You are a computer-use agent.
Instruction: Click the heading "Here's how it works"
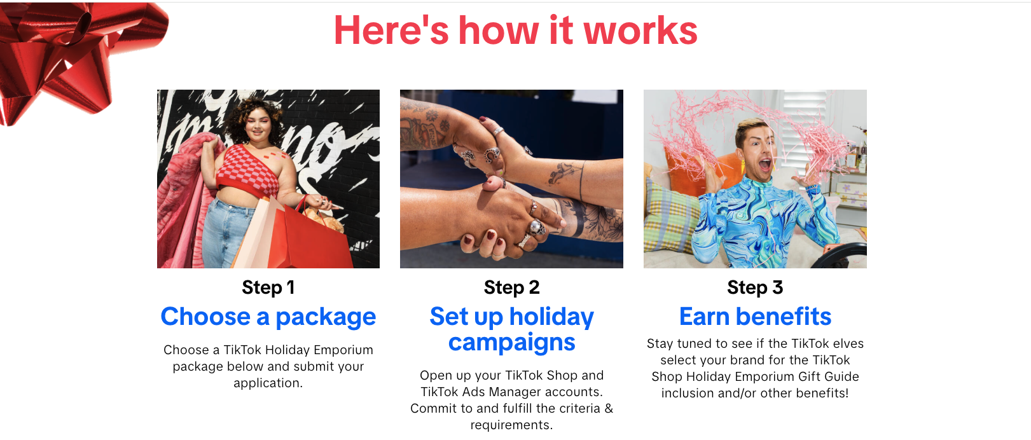[x=515, y=31]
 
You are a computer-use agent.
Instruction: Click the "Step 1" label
[x=268, y=287]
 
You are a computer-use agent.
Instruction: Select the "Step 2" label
[x=511, y=287]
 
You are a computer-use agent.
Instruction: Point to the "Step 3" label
[x=755, y=287]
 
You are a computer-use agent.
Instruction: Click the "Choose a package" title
[x=268, y=317]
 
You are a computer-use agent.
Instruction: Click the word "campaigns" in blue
[x=511, y=343]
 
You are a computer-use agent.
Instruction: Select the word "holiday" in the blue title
[x=551, y=317]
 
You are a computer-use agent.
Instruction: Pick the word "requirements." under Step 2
[x=511, y=425]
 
